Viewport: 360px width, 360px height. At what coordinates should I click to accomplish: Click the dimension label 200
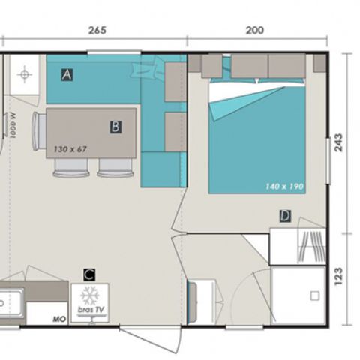tap(255, 31)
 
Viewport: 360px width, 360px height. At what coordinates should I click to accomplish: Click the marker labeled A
tap(67, 74)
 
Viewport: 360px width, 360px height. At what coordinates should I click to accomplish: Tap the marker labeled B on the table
tap(115, 127)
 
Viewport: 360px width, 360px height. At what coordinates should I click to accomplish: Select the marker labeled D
tap(284, 216)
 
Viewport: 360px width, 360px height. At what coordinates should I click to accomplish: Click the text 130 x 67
tap(70, 149)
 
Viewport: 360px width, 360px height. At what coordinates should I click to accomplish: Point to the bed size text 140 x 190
tap(283, 186)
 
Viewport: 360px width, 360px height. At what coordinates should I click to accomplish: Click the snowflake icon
tap(88, 293)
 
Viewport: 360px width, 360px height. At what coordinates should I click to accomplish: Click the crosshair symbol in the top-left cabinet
tap(25, 75)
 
